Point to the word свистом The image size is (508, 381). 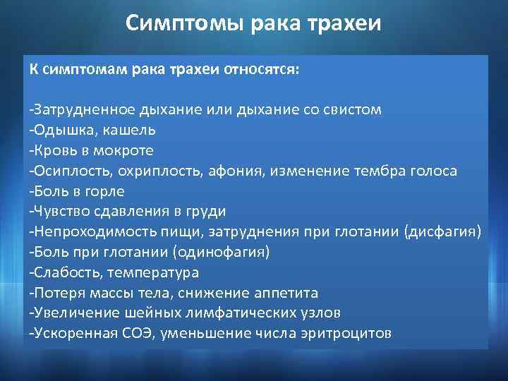coord(351,110)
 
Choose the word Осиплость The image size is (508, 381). coord(65,171)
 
